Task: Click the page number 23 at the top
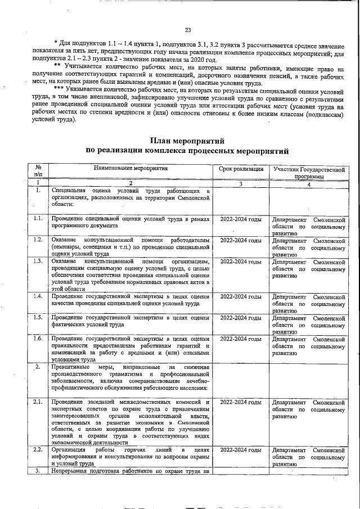pyautogui.click(x=187, y=30)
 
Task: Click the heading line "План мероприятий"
pyautogui.click(x=187, y=140)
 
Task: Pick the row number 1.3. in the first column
pyautogui.click(x=38, y=262)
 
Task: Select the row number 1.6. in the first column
pyautogui.click(x=38, y=339)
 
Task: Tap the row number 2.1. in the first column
pyautogui.click(x=38, y=402)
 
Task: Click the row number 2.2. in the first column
pyautogui.click(x=38, y=450)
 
